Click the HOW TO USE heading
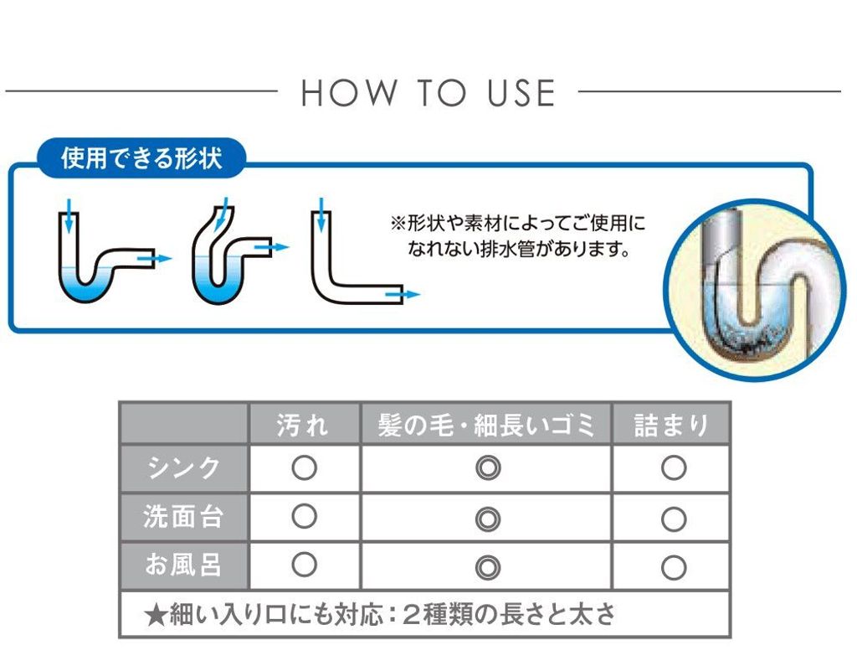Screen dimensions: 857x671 (x=428, y=92)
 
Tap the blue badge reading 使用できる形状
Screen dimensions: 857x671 (x=141, y=158)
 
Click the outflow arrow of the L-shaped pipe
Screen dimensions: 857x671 (x=403, y=294)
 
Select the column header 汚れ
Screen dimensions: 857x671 (x=302, y=425)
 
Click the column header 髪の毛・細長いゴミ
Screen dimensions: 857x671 (x=486, y=425)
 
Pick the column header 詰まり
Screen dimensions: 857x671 (x=672, y=425)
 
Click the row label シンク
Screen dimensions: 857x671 (x=184, y=468)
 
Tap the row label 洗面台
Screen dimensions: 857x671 (x=183, y=516)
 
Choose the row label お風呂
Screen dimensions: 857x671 (x=183, y=565)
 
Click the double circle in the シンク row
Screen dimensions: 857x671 (x=488, y=468)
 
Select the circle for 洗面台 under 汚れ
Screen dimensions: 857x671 (x=305, y=516)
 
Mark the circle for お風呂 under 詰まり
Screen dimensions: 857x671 (x=674, y=567)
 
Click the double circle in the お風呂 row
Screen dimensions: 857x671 (x=488, y=567)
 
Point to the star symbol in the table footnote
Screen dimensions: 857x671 (x=156, y=615)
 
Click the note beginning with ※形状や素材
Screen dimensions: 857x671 (x=518, y=236)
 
